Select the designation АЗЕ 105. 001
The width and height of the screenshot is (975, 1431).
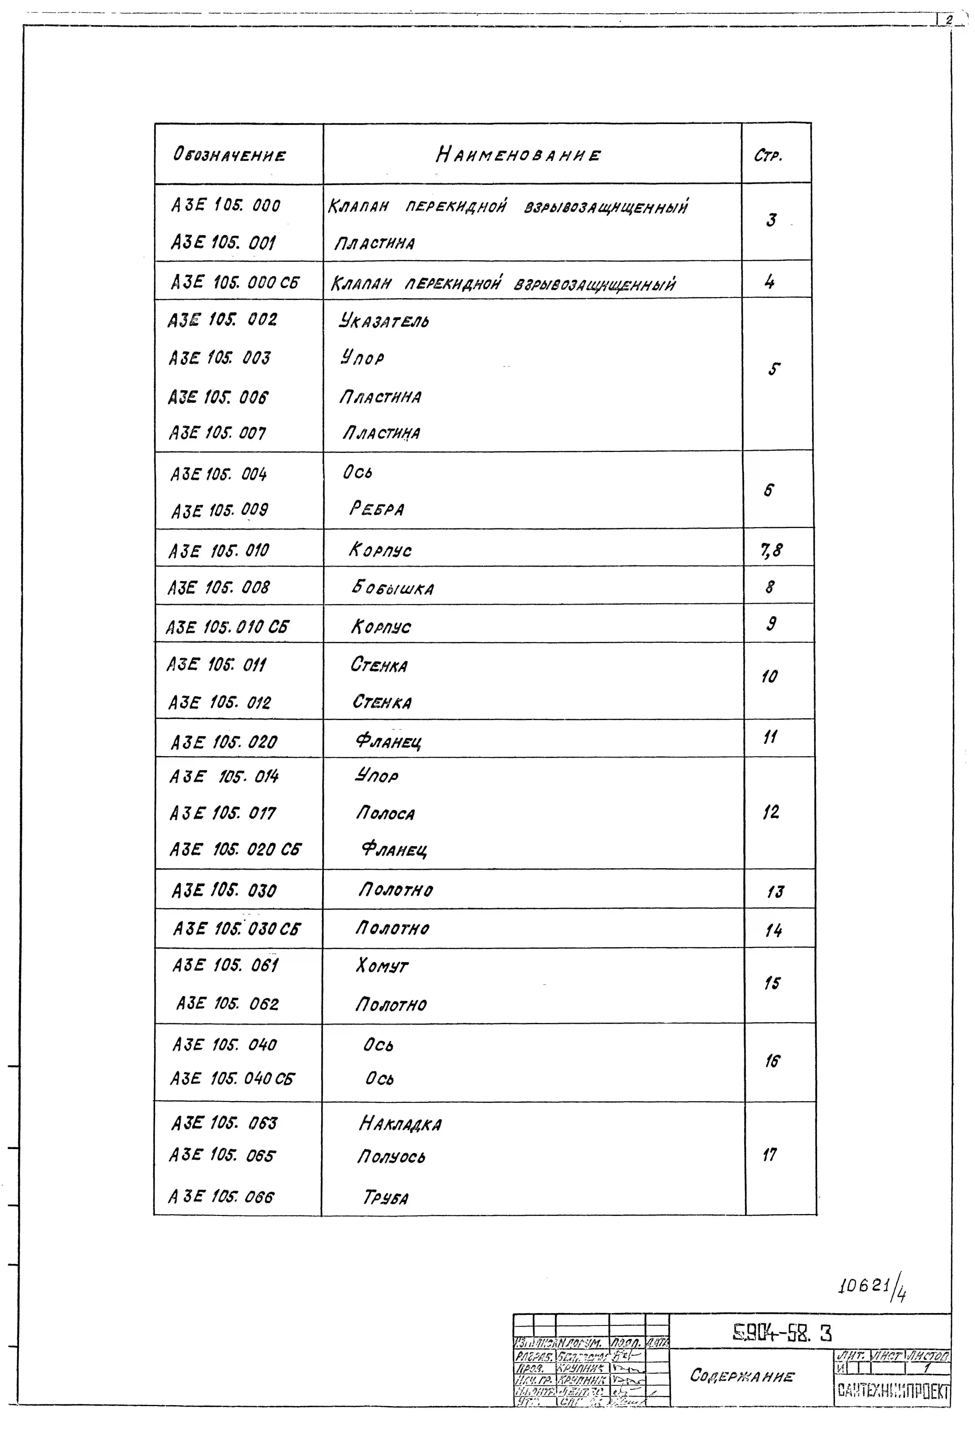[x=223, y=243]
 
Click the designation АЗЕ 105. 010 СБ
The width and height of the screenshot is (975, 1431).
[x=227, y=627]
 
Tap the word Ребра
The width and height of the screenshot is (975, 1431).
[x=376, y=509]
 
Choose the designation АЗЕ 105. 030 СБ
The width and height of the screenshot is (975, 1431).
[x=236, y=929]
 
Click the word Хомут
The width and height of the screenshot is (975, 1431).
[x=381, y=965]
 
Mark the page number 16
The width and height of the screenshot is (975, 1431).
[x=772, y=1061]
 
